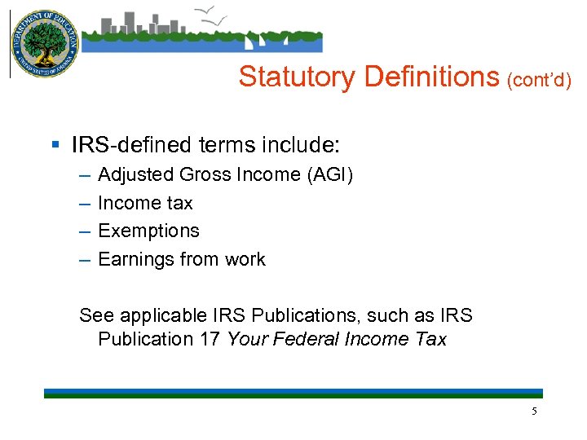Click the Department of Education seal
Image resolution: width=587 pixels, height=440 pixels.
point(44,44)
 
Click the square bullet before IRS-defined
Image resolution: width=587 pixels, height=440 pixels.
point(55,146)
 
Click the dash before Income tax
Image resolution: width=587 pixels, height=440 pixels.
point(85,204)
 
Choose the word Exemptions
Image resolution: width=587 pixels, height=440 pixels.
point(148,231)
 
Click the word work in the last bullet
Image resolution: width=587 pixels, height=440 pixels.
point(245,260)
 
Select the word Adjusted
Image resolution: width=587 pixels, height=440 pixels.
point(135,175)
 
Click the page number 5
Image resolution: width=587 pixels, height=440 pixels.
point(535,411)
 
